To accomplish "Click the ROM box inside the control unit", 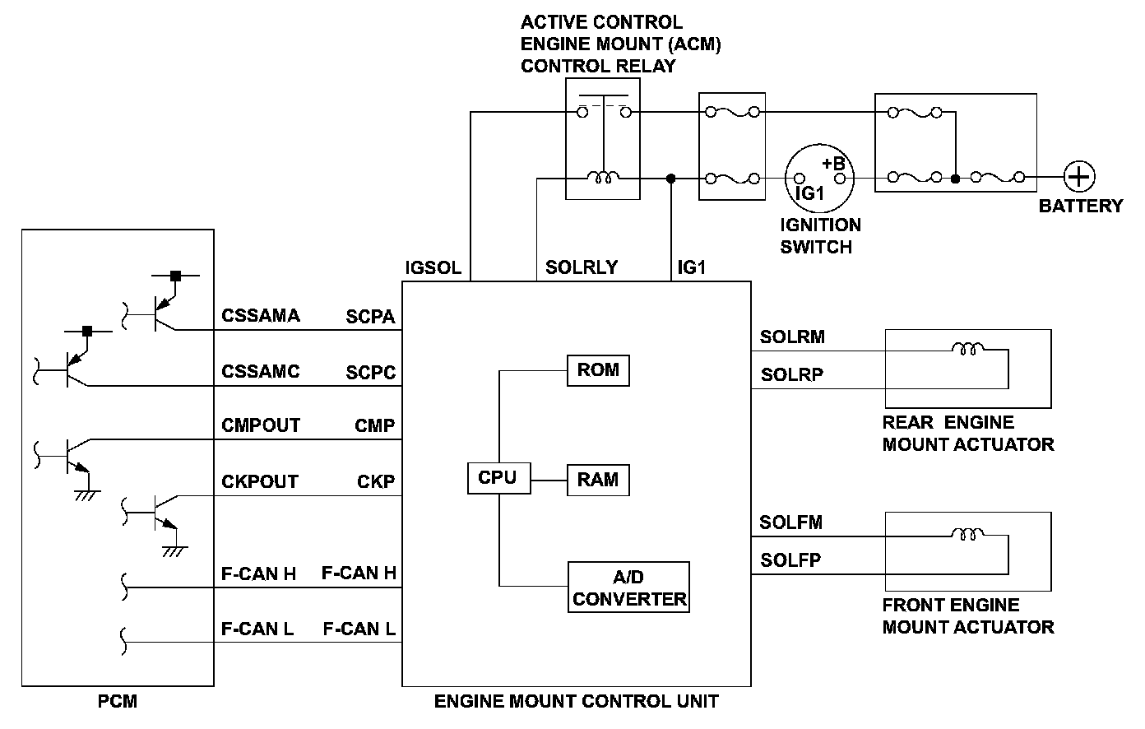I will point(598,370).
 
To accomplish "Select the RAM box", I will point(598,480).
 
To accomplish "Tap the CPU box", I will point(498,478).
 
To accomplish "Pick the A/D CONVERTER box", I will point(629,587).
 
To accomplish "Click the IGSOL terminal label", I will point(433,268).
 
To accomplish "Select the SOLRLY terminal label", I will point(582,268).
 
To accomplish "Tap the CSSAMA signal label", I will point(261,316).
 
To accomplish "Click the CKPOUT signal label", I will point(260,481).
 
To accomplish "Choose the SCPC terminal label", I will point(370,372).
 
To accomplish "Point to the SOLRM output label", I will point(792,337).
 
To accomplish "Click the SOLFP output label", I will point(790,561).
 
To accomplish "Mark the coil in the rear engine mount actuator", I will point(967,349).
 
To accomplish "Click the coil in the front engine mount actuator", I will point(967,535).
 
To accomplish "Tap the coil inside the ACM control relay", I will point(603,176).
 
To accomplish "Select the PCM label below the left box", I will point(118,703).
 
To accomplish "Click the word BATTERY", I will point(1080,206).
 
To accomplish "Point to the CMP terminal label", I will point(374,426).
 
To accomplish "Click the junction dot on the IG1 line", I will point(671,178).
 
